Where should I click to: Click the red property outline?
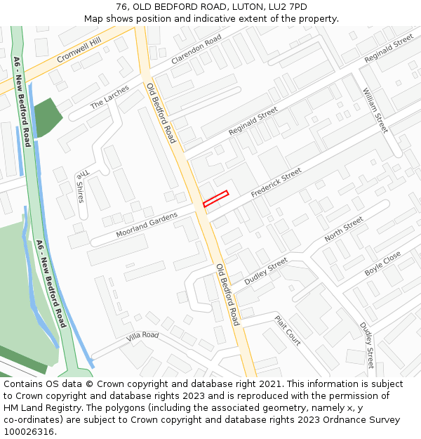click(216, 199)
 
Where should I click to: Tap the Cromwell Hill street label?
click(79, 51)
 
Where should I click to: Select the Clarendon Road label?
click(196, 48)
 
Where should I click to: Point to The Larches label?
click(109, 98)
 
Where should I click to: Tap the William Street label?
click(375, 110)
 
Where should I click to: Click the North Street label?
click(344, 230)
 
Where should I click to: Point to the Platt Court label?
click(288, 330)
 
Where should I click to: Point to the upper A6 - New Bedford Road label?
click(23, 101)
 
